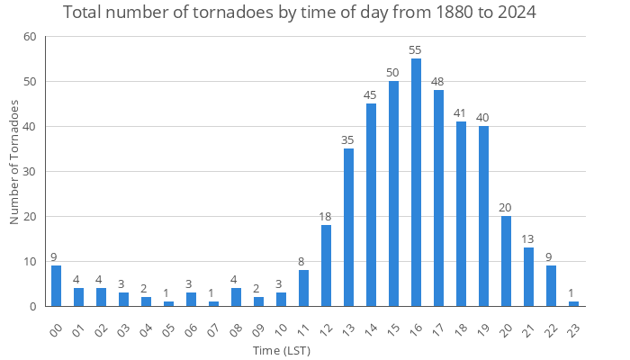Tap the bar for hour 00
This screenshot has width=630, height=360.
pos(56,286)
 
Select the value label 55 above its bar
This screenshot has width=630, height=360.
pos(416,51)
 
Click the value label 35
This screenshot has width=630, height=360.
pos(348,140)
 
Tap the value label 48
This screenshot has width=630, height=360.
pos(438,83)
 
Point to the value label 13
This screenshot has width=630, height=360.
pos(528,239)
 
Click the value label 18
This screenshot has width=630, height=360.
pos(326,217)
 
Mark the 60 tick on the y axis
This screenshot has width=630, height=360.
pos(31,37)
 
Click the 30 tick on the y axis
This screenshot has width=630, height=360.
pos(31,172)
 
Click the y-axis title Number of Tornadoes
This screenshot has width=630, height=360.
pos(14,163)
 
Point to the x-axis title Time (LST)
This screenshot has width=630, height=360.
pos(282,350)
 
